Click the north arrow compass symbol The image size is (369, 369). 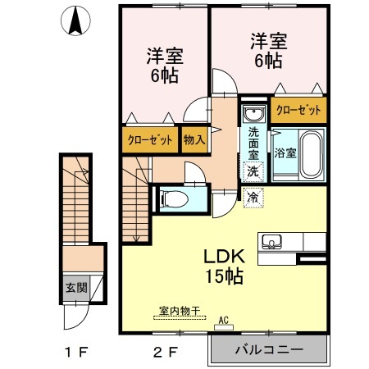(76, 20)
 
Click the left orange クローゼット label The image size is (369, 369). (150, 140)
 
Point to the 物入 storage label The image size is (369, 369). (194, 140)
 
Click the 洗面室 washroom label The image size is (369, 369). (253, 143)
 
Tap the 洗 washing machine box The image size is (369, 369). (253, 171)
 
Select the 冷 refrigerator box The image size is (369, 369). (253, 197)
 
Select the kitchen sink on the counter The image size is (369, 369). (272, 241)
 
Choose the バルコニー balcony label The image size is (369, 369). (269, 350)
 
